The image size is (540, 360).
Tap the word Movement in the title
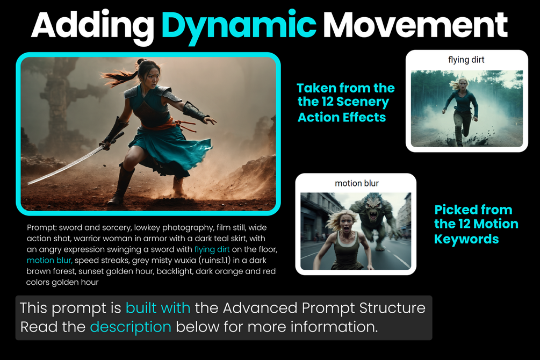[415, 25]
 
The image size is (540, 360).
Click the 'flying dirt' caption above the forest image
[466, 60]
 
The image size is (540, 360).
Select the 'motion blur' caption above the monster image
[357, 183]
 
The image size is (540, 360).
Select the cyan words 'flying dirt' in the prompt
[212, 249]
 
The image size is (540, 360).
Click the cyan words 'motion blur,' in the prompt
[49, 260]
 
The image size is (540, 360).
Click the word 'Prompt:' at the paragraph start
[42, 228]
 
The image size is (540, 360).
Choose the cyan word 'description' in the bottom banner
[131, 327]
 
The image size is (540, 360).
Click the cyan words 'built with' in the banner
[158, 308]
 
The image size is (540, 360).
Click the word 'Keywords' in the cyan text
[466, 239]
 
